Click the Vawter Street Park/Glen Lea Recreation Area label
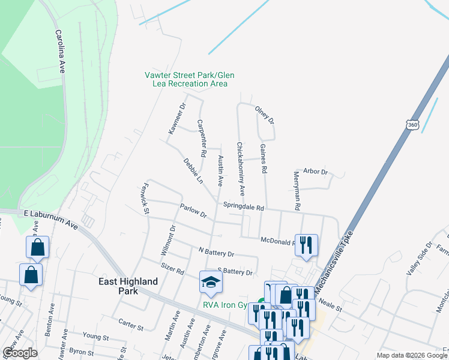pos(189,79)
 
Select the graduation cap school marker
pos(211,282)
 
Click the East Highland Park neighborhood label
pos(129,286)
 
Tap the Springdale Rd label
pos(243,207)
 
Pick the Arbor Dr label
pos(316,172)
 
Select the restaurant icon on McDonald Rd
pos(306,245)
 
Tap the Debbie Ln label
pos(193,170)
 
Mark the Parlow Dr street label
pos(193,211)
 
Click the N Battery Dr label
pos(215,253)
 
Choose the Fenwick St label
pos(145,196)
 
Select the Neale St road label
pos(330,305)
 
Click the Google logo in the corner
pos(20,353)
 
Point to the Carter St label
pos(131,325)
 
